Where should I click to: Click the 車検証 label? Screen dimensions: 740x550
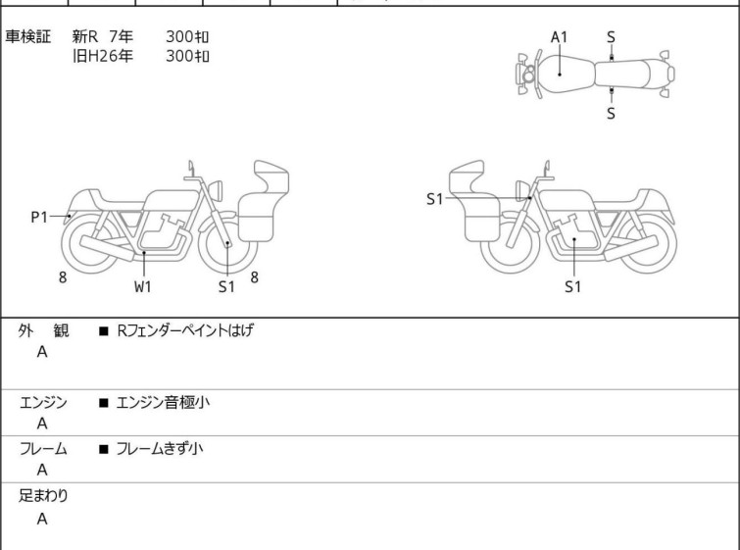click(27, 36)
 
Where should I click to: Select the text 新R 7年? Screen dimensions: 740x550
click(102, 36)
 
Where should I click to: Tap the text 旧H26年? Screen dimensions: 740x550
click(102, 56)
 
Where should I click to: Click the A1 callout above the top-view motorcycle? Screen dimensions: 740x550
click(559, 37)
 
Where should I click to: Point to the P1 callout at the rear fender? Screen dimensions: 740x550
click(39, 218)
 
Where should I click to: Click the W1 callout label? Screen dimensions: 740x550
click(142, 286)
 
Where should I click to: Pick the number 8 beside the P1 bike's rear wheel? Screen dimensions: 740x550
click(63, 277)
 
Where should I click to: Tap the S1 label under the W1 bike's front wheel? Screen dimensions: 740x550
click(226, 286)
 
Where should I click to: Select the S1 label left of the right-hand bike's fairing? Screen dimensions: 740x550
click(434, 199)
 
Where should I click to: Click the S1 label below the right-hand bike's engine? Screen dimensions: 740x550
click(573, 286)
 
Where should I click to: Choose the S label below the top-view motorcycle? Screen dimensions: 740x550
click(611, 114)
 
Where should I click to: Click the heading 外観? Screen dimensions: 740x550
click(43, 331)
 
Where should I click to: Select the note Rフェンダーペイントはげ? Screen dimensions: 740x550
click(184, 330)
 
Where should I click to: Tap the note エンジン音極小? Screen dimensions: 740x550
click(163, 403)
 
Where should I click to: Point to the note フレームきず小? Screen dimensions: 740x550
click(160, 448)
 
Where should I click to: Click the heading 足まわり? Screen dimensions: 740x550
click(43, 496)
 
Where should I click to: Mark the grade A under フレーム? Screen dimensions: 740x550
click(42, 471)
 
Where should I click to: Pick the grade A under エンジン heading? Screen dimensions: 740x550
click(42, 424)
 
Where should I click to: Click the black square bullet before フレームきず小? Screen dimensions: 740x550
click(104, 449)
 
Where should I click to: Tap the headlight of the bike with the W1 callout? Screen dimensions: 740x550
click(216, 190)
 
